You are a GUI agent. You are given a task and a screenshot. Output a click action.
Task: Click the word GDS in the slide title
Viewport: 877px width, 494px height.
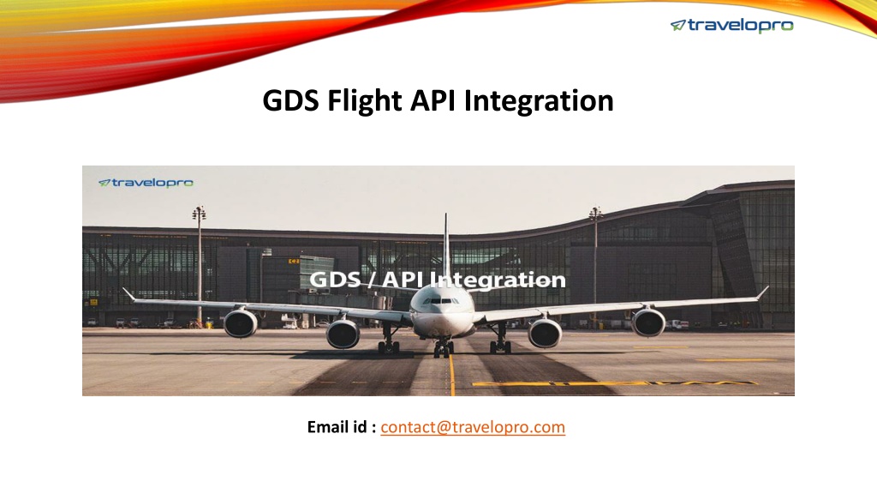(x=291, y=101)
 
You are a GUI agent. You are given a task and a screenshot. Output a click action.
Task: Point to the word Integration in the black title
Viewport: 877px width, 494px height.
(x=539, y=102)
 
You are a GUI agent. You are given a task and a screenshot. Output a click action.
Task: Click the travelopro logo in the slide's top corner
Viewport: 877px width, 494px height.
(x=731, y=26)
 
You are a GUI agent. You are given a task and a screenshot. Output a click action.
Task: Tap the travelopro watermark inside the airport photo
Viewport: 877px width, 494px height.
(x=146, y=183)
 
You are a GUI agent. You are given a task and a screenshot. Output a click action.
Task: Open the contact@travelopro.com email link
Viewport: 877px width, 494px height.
(x=473, y=427)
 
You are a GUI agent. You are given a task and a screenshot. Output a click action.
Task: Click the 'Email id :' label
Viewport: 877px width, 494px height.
(x=341, y=427)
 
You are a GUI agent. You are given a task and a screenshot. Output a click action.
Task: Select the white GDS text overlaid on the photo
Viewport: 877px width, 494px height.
(x=335, y=280)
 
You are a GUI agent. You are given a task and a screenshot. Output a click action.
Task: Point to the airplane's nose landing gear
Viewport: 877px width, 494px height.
(x=444, y=348)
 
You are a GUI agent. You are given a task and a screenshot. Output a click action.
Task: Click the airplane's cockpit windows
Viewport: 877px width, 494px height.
(x=442, y=301)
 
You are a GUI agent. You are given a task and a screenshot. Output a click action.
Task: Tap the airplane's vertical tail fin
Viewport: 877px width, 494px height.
(x=445, y=246)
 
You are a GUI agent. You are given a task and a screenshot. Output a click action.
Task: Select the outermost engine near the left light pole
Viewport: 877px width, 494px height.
(x=241, y=322)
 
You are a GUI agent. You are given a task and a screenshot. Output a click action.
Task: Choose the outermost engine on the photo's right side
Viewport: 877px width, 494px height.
(x=648, y=322)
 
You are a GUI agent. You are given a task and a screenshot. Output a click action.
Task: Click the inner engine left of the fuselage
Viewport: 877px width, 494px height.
(x=343, y=333)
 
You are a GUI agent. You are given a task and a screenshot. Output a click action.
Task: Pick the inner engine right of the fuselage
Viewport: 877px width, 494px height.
(x=545, y=332)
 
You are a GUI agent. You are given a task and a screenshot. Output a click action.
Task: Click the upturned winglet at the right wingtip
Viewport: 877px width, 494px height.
(x=762, y=292)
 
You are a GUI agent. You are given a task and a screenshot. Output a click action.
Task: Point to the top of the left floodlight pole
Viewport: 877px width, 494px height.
(x=199, y=213)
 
